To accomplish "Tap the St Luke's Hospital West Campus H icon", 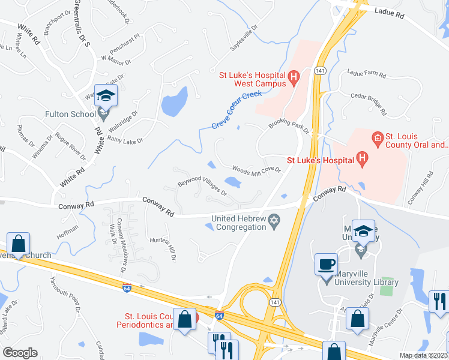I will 294,76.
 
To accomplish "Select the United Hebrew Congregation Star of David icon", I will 274,221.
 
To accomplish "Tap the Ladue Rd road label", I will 391,11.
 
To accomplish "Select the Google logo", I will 20,352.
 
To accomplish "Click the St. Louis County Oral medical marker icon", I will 378,140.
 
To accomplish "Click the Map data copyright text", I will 423,355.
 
